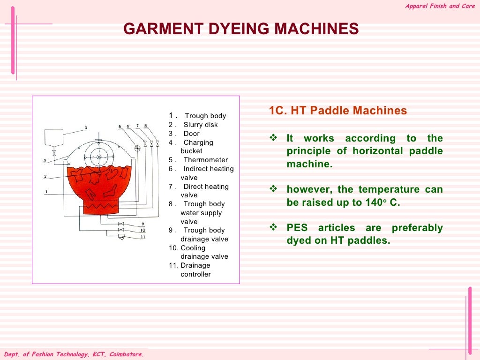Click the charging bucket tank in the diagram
[54, 137]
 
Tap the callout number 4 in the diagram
[86, 127]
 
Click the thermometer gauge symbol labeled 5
[137, 148]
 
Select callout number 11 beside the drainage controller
[143, 237]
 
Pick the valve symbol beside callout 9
[121, 224]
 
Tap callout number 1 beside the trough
[46, 192]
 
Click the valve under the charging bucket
[54, 153]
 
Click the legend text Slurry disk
[201, 125]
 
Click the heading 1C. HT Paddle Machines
[337, 111]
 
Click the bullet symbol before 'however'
[274, 189]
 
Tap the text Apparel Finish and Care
[440, 6]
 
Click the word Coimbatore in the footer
[126, 354]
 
